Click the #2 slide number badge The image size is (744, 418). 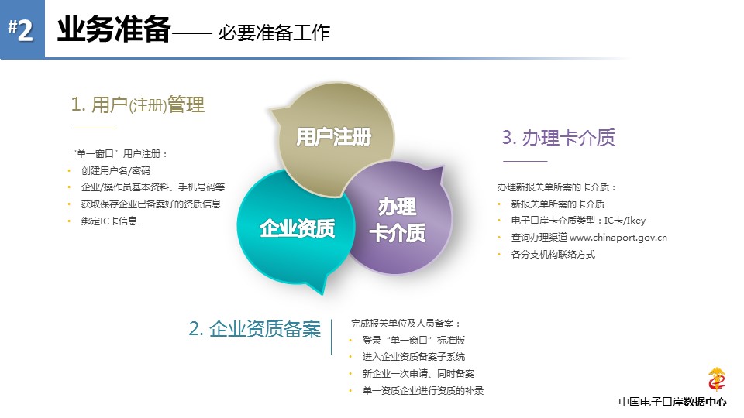click(x=22, y=29)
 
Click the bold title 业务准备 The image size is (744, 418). click(x=114, y=29)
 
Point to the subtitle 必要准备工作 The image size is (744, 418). click(x=274, y=33)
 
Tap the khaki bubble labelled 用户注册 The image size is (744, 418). click(x=334, y=138)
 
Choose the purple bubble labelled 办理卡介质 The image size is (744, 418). click(x=398, y=219)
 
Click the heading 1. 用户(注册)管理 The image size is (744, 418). click(x=138, y=104)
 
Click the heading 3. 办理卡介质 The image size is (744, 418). click(x=559, y=138)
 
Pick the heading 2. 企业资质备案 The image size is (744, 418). click(x=255, y=329)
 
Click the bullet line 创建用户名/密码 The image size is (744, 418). click(x=115, y=170)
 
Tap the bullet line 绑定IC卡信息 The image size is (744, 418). click(x=109, y=221)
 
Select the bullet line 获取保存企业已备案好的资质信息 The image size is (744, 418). click(x=151, y=204)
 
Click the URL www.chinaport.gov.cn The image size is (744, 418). click(x=618, y=238)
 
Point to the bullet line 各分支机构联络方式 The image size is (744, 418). click(x=553, y=255)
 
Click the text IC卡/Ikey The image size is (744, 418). click(x=625, y=221)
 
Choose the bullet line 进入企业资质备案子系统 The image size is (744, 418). click(x=414, y=357)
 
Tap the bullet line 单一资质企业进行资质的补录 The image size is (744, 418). click(x=423, y=390)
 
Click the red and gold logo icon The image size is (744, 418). click(x=716, y=379)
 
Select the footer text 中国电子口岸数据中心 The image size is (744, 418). click(x=673, y=402)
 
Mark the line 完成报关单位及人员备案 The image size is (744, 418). click(x=405, y=324)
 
